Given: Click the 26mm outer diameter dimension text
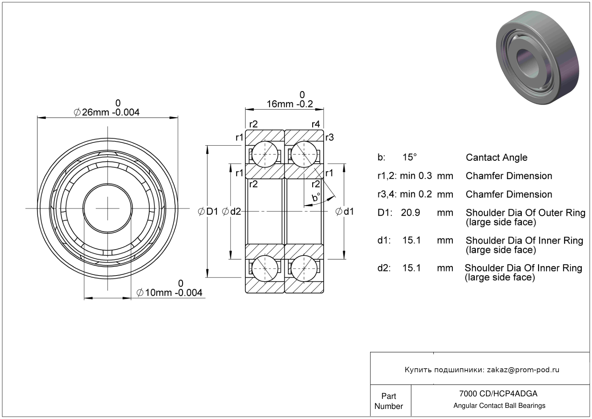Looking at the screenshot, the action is pos(106,112).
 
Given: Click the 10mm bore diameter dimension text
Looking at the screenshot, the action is pos(169,293).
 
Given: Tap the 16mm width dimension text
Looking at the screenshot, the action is pos(290,104).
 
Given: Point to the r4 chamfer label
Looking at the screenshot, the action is pos(315,124).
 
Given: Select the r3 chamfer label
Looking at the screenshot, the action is pos(329,137).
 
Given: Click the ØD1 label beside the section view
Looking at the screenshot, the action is pos(208,211).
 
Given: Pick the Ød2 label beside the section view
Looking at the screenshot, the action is pos(232,211).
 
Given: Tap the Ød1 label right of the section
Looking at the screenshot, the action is pos(344,211).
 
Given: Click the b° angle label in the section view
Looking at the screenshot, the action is pos(316,197).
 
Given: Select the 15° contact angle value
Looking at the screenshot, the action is pos(409,157).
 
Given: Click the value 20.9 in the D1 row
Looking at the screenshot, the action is pos(410,213).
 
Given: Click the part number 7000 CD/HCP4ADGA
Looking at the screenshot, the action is pos(498,393).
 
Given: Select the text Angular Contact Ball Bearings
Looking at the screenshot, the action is pos(499,406).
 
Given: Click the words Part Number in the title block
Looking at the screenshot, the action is pos(388,401).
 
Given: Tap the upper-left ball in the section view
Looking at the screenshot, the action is pos(265,154).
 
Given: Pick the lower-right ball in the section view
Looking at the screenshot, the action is pos(304,268).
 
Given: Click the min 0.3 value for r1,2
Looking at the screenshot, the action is pos(416,176).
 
